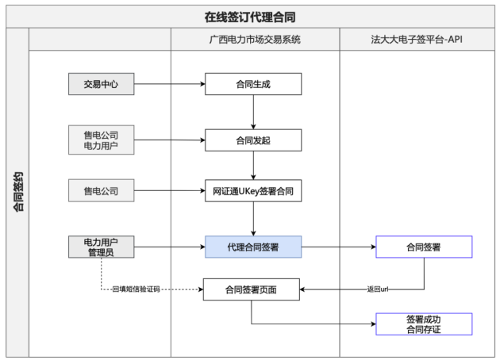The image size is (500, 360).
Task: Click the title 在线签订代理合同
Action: click(x=250, y=17)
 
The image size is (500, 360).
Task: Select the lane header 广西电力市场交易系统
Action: click(x=255, y=40)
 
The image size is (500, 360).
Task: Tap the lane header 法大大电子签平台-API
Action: click(x=417, y=40)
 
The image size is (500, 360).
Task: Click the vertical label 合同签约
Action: click(x=18, y=191)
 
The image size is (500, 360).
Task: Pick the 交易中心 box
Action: click(x=101, y=84)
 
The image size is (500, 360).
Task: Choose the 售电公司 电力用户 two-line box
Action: click(x=101, y=140)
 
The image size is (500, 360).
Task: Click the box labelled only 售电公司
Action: click(x=101, y=190)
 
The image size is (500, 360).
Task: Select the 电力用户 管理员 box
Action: click(x=101, y=247)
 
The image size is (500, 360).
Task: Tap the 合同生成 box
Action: click(x=253, y=84)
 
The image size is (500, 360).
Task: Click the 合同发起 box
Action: click(x=253, y=140)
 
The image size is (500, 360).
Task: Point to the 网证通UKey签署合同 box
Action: click(x=253, y=191)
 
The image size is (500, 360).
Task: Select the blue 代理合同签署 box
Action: click(x=253, y=247)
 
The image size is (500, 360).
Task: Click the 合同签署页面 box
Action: click(x=252, y=289)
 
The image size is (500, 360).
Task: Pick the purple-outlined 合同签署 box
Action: click(x=424, y=247)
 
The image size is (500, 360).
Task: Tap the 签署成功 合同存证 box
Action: click(x=424, y=324)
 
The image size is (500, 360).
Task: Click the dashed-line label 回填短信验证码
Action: click(x=137, y=289)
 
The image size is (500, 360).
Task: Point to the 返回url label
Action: click(x=378, y=289)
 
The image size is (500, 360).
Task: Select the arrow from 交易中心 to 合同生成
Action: click(x=170, y=84)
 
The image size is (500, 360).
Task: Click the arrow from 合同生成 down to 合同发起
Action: click(x=253, y=112)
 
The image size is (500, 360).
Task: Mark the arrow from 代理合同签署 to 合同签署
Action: click(x=339, y=247)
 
